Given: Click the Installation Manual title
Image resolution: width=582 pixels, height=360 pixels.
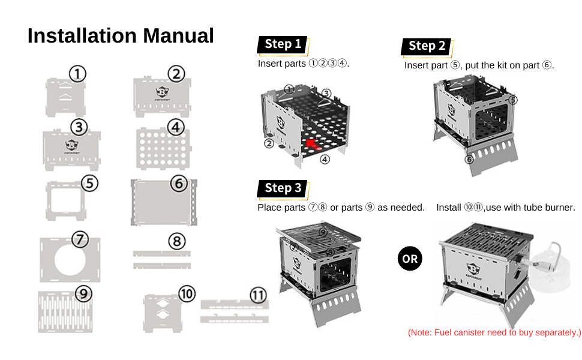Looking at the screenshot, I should (x=121, y=35).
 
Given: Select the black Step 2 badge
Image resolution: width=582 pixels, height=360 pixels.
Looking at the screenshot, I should (x=427, y=46).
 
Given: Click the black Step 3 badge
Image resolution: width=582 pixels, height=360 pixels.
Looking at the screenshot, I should (x=283, y=188).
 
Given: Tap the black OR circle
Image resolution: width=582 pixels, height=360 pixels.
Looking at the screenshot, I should (x=410, y=259).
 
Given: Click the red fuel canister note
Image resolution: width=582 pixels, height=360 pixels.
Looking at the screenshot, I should (x=494, y=332).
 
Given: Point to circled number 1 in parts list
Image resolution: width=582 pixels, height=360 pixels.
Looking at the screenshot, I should (x=77, y=74).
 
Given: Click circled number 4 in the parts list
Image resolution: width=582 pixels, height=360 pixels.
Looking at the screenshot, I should (x=176, y=127).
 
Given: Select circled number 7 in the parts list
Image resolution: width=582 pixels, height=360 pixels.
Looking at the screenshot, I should (x=80, y=239).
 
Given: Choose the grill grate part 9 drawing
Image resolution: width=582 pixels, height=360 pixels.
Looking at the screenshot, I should (x=66, y=311).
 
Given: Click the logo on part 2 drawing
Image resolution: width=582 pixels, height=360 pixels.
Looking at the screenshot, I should (x=162, y=92).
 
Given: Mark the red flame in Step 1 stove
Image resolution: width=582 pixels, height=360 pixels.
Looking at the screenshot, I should (x=311, y=143).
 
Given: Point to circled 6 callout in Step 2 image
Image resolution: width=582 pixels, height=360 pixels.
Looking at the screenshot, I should (x=469, y=158).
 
